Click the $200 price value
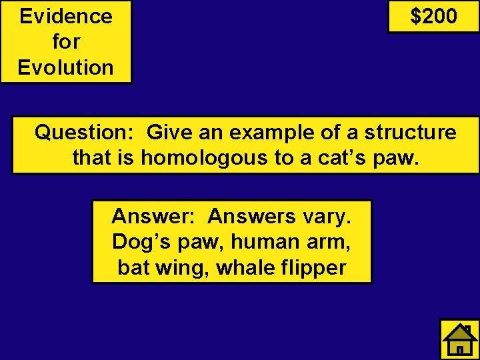click(x=433, y=16)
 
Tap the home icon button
click(x=459, y=340)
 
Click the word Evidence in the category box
click(x=66, y=16)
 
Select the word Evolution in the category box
click(x=66, y=67)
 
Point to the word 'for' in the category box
click(x=66, y=42)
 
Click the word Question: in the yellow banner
click(x=84, y=133)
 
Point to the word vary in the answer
click(x=327, y=216)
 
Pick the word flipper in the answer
click(x=313, y=267)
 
